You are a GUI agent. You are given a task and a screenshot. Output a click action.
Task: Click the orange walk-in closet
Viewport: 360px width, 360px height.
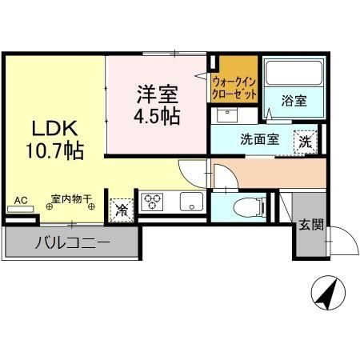pos(234,81)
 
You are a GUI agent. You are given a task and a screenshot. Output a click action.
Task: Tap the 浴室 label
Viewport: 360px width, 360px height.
pos(294,102)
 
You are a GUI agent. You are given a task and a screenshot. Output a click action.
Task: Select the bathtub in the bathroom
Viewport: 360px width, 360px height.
pos(293,74)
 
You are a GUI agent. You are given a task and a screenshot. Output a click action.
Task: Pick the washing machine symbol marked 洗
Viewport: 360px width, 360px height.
pos(306,141)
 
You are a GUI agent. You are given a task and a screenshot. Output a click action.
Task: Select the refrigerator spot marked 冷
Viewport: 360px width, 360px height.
pos(122,210)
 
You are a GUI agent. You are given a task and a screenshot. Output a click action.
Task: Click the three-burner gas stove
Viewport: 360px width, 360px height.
pos(153,202)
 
